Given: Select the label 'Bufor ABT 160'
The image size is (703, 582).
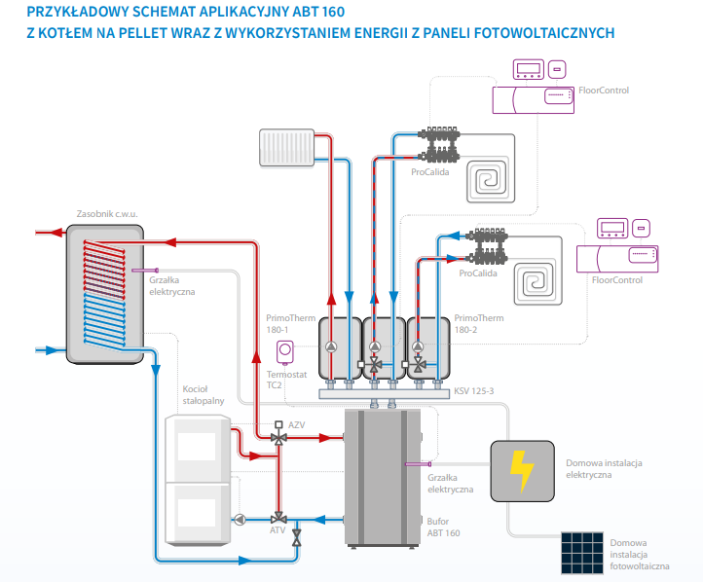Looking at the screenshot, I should pos(443,527).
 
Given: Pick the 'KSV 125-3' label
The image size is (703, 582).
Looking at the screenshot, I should pos(473,391).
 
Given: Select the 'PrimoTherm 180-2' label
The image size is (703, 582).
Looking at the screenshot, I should pos(478,323).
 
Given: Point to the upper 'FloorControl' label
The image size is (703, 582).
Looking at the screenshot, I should pos(604,91).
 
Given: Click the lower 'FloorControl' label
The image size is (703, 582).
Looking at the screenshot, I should pos(617,280).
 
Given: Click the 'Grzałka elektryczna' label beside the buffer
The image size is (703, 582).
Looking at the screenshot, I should pos(450,484).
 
